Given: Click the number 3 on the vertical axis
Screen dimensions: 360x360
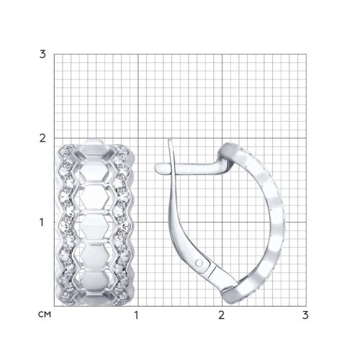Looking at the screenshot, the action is click(42, 55).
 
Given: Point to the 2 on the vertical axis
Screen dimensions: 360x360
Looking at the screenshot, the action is click(42, 138).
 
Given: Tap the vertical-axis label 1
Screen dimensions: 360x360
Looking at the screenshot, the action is click(42, 222).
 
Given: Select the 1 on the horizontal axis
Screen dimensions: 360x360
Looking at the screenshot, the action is click(137, 315).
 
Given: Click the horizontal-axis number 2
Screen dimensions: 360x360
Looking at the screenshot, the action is click(221, 315).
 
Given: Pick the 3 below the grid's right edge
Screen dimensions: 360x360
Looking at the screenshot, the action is click(305, 315).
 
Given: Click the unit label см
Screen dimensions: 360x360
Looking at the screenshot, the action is click(45, 315).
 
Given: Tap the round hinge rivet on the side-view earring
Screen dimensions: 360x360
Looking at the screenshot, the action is click(199, 263).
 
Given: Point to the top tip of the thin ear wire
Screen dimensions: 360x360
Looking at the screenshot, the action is click(169, 140).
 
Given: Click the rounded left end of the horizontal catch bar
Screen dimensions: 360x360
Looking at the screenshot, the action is click(156, 168).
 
